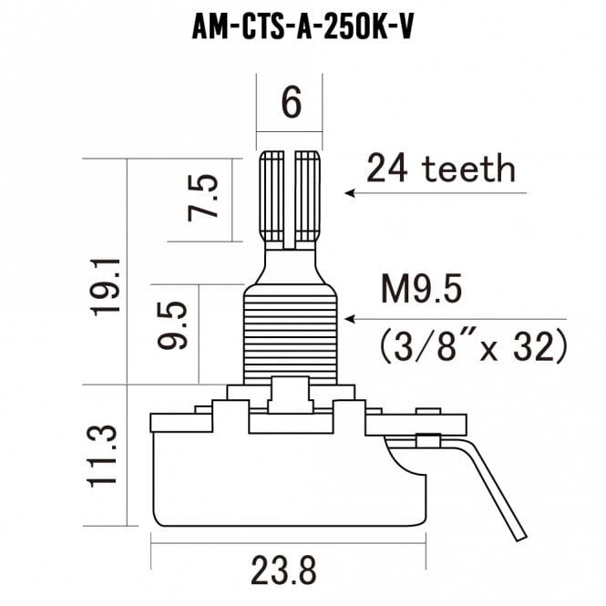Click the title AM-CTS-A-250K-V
(x=303, y=28)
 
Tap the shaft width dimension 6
(x=291, y=102)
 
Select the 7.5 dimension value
(x=203, y=198)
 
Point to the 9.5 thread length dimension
(x=172, y=325)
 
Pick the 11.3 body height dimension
(x=101, y=456)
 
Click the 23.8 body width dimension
(x=283, y=570)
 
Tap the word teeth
(x=468, y=168)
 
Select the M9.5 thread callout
(x=422, y=288)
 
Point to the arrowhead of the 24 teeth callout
(x=350, y=193)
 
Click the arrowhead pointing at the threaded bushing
(x=350, y=319)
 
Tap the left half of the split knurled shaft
(x=272, y=196)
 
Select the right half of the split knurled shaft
(x=308, y=196)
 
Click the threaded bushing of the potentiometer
(x=291, y=334)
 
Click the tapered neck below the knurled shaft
(x=291, y=267)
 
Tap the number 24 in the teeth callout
(x=387, y=168)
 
